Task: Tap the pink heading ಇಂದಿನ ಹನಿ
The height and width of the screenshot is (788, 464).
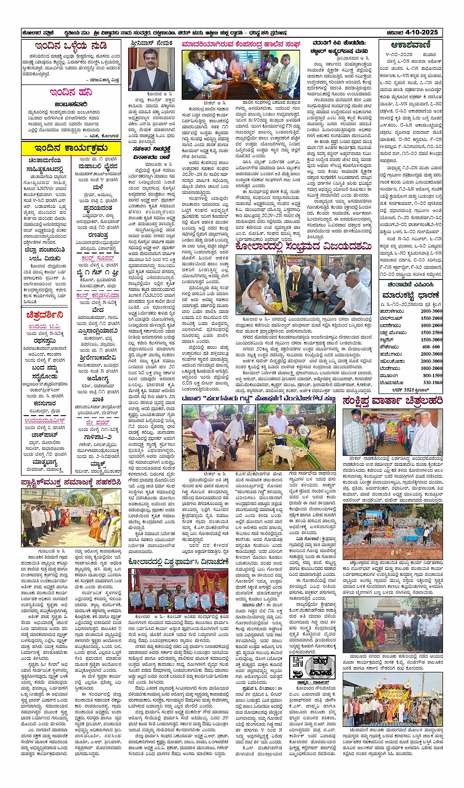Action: click(x=71, y=92)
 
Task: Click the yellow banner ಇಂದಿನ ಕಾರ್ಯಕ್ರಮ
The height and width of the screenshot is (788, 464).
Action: click(x=71, y=148)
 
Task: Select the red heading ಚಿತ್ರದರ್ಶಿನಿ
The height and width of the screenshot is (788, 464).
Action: click(x=45, y=315)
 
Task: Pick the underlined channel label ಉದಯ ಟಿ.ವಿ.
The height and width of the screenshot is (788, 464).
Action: click(x=45, y=326)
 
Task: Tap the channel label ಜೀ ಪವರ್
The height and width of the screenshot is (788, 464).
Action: click(x=98, y=422)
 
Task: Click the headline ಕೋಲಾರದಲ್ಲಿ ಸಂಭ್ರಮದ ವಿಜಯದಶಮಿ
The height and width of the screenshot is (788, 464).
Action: click(x=303, y=246)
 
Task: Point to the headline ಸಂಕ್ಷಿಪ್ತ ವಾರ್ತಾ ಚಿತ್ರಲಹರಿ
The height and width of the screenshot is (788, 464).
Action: click(x=392, y=401)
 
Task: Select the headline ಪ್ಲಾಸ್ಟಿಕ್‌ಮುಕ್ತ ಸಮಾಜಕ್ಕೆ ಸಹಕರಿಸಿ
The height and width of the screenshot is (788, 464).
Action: click(x=71, y=482)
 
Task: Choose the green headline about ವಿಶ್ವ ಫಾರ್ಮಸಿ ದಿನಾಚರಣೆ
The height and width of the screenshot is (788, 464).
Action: click(x=178, y=562)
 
